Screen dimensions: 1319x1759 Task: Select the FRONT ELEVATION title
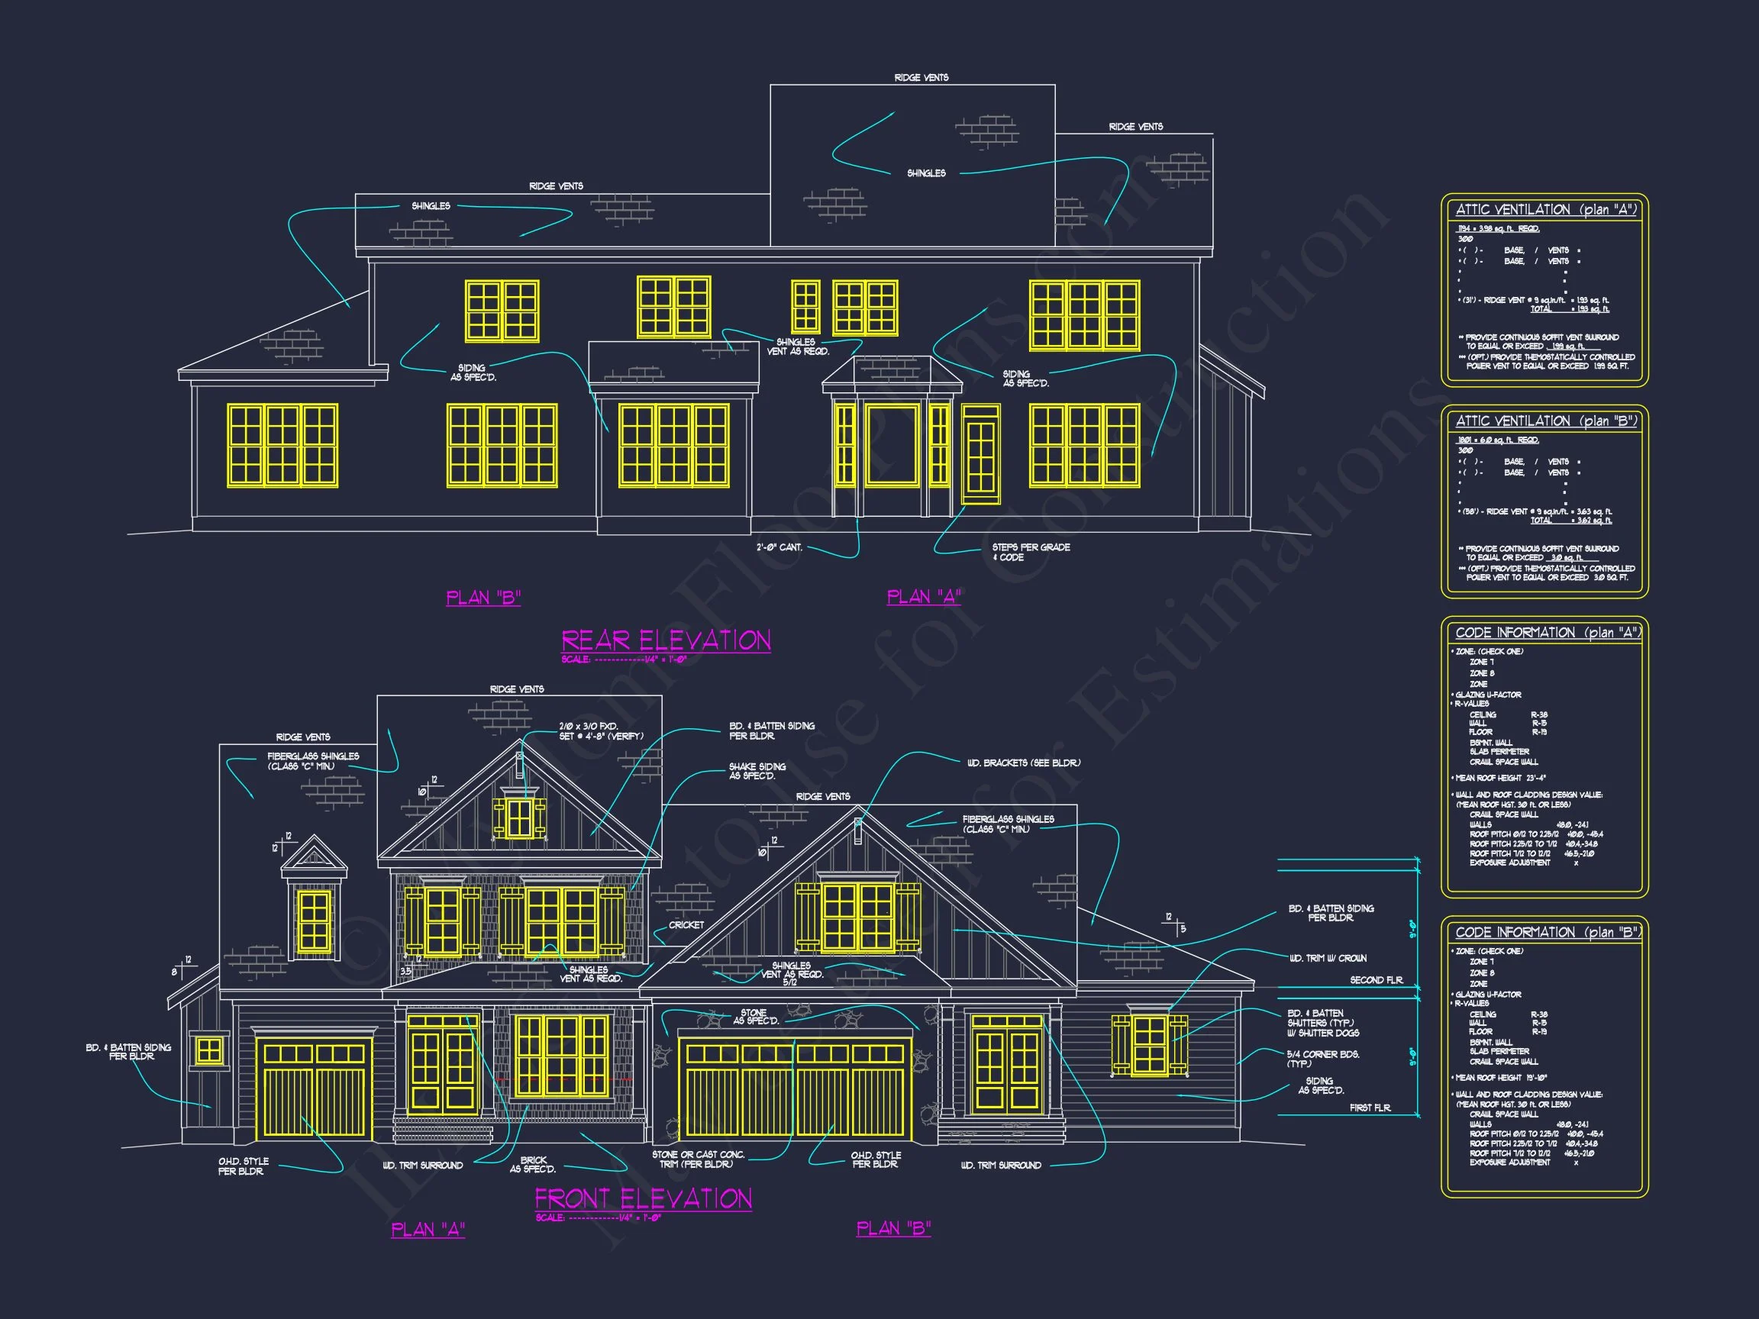tap(643, 1198)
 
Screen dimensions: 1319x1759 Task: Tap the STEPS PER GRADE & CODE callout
tap(1030, 552)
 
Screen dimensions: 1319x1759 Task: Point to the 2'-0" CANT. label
tap(779, 547)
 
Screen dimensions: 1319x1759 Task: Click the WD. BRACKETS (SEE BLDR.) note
tap(1024, 763)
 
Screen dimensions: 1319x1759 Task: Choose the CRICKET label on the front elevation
tap(686, 924)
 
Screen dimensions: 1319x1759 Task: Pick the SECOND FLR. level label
tap(1376, 980)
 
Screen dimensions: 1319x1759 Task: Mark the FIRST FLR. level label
tap(1370, 1108)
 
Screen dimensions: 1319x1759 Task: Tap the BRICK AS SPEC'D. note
tap(533, 1165)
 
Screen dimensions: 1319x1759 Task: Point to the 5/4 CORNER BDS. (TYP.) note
tap(1323, 1058)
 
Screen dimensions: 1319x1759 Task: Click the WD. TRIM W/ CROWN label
tap(1328, 958)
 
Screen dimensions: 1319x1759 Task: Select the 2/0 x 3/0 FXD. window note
tap(600, 731)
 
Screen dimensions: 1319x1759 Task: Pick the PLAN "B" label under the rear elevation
tap(483, 598)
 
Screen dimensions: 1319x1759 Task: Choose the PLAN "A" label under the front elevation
tap(428, 1230)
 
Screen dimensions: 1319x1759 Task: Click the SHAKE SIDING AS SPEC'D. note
tap(757, 771)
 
